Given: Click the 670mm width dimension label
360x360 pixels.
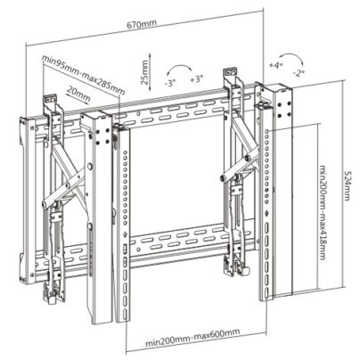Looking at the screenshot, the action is [142, 24].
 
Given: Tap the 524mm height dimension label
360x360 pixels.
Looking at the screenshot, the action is [347, 185].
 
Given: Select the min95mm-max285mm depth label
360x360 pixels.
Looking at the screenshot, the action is [84, 75].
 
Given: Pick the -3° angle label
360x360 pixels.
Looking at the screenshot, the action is [170, 83].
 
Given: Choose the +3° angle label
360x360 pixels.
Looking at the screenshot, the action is [197, 79].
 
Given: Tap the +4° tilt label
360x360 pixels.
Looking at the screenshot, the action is [275, 66].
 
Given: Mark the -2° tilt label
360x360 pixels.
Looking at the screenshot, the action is [299, 73].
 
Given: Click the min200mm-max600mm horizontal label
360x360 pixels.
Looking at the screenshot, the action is [192, 338].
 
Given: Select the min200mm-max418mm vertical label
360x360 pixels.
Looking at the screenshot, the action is [323, 213].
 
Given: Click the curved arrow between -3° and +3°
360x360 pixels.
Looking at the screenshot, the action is [179, 69].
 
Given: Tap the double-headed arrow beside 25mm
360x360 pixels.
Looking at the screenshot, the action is [151, 72].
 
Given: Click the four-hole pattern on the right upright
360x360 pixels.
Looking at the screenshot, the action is [284, 110].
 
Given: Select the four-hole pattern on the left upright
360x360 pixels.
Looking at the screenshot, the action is [102, 135].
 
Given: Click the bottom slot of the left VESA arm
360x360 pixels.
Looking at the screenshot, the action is [126, 314].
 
